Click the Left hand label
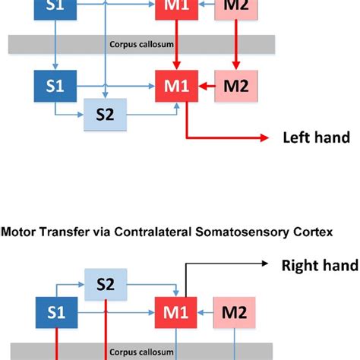tap(316, 137)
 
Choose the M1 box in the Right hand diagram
tap(176, 311)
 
